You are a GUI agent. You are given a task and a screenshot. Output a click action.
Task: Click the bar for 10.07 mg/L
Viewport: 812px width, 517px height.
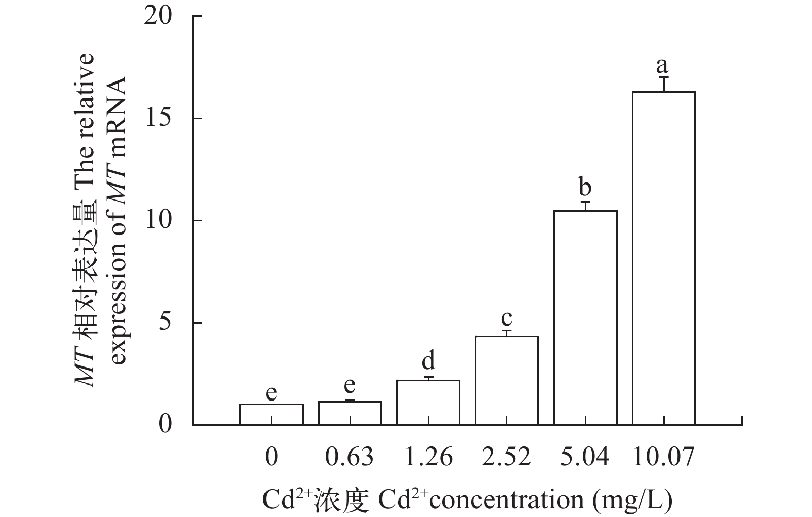(663, 258)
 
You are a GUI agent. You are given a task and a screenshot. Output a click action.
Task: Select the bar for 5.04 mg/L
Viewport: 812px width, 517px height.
(585, 318)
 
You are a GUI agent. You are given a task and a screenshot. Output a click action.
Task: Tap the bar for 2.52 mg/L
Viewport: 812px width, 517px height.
(507, 380)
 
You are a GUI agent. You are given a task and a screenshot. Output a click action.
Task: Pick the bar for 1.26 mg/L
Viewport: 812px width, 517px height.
(428, 403)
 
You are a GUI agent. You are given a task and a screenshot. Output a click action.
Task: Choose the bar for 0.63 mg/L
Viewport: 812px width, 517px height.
(350, 413)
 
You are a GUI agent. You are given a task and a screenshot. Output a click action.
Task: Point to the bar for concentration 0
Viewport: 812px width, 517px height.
(271, 414)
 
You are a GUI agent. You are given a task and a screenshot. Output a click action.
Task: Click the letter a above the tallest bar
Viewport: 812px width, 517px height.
(662, 65)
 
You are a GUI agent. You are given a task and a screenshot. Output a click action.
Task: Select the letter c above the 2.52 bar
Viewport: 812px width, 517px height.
(507, 316)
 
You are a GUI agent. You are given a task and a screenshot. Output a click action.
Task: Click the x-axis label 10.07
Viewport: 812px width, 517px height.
(663, 457)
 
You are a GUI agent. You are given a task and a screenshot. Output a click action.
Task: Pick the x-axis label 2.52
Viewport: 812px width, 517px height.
(507, 457)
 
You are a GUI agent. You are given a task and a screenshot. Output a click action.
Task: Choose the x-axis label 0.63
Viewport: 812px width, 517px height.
(350, 457)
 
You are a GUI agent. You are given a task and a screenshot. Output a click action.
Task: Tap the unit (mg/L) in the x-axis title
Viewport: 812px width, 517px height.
(633, 499)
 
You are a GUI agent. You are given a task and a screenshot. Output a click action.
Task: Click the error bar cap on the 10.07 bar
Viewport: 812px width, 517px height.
(663, 77)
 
